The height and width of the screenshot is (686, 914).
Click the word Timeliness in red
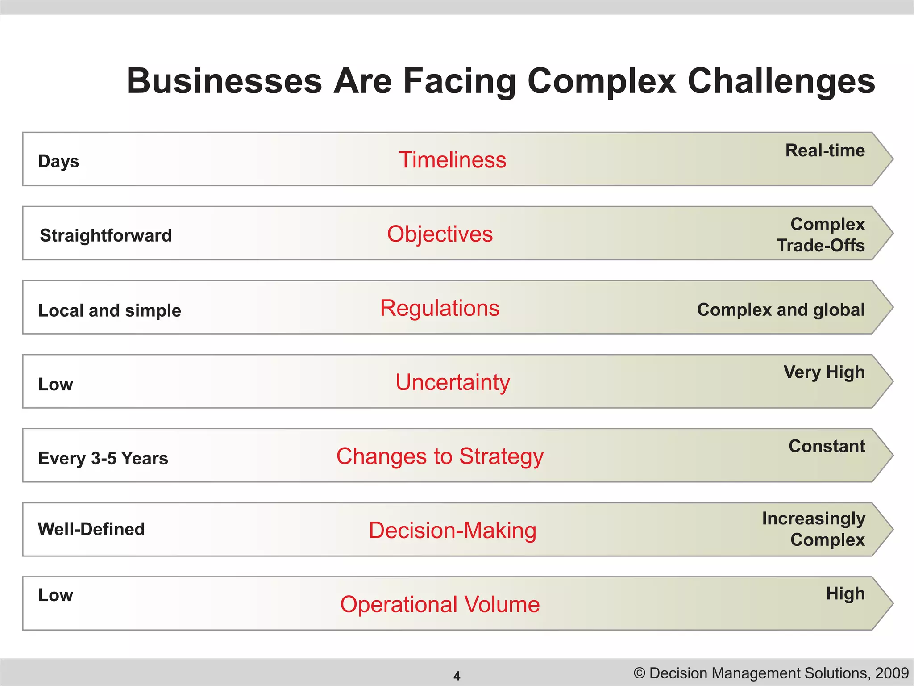coord(453,160)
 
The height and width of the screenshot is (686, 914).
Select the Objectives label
coord(440,234)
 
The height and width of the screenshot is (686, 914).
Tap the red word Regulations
coord(440,308)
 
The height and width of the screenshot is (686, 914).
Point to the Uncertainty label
coord(453,382)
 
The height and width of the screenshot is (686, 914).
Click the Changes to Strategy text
coord(440,456)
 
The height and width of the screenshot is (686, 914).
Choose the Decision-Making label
coord(453,531)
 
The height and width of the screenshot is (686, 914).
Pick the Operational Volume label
coord(440,604)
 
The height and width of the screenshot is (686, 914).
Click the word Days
coord(58,161)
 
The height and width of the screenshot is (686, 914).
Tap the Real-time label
coord(825,151)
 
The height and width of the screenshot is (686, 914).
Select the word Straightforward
coord(106,235)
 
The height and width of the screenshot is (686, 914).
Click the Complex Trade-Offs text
coord(821,234)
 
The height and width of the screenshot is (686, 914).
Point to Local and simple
coord(109,310)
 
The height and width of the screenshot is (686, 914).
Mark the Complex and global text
coord(781,310)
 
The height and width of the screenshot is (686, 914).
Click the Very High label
coord(824,372)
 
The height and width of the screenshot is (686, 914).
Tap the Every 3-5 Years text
coord(103,458)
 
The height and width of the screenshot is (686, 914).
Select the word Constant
coord(827,446)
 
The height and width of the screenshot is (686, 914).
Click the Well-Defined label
coord(91,529)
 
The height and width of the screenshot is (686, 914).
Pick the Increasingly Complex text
coord(814,529)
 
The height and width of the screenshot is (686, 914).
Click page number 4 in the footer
coord(457,676)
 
